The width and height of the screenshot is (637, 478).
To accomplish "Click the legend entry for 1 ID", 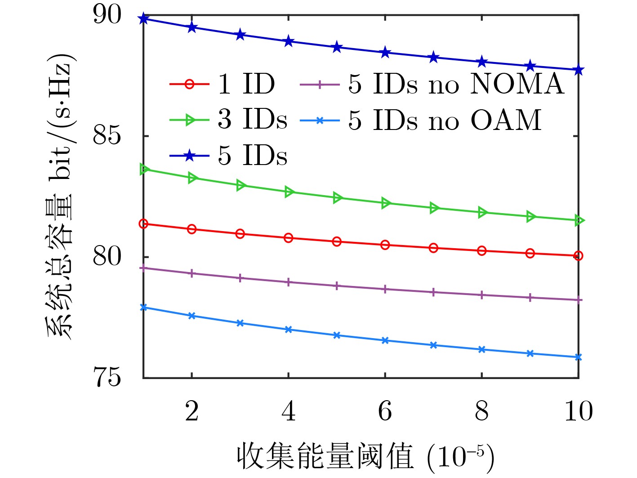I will tap(246, 84).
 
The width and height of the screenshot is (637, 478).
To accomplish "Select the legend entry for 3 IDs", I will tap(252, 120).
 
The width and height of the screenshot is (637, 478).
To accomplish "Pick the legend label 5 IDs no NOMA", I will tap(456, 84).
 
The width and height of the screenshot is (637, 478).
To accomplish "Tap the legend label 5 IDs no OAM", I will tap(445, 120).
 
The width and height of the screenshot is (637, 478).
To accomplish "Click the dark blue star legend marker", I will tap(190, 156).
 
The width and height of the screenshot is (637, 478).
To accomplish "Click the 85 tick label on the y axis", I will tap(107, 136).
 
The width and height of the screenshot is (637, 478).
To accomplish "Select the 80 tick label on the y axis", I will tap(107, 257).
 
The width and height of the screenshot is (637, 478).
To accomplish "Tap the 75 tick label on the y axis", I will tap(107, 378).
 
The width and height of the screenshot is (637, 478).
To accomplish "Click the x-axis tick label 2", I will tap(192, 411).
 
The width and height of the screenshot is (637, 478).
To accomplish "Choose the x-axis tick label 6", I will tap(385, 411).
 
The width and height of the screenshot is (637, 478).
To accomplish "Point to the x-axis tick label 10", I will tap(579, 411).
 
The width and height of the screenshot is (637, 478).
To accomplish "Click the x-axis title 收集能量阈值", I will tap(325, 456).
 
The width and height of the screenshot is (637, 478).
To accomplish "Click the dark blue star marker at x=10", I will tap(579, 70).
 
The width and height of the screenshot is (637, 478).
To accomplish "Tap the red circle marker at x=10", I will tap(579, 256).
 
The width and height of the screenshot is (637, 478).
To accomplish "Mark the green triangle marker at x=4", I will tap(289, 192).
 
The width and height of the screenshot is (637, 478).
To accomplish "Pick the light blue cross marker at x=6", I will tap(385, 341).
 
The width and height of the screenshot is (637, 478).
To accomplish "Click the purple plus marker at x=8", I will tap(482, 295).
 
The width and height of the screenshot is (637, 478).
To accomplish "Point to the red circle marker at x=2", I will tap(192, 229).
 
